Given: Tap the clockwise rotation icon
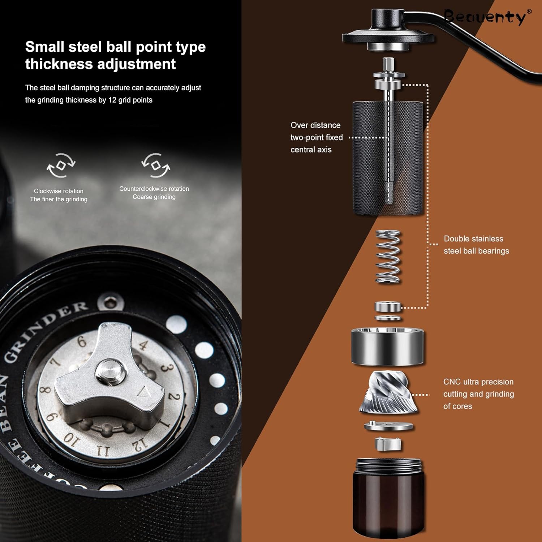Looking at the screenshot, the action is point(61,165).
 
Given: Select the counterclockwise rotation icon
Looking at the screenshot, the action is point(155,165).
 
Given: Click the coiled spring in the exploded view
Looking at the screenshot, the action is point(388,257).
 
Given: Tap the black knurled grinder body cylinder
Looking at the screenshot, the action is point(388,158).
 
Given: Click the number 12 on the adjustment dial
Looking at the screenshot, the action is point(140,444).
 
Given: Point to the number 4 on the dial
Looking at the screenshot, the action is point(143,345).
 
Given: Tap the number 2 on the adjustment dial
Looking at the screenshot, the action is point(174,397).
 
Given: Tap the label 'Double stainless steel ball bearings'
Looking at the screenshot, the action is point(476,245).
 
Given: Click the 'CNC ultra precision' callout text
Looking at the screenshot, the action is point(478,382).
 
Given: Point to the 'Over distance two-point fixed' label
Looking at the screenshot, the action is point(317,131).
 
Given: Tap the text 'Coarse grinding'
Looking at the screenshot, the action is point(154,197).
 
